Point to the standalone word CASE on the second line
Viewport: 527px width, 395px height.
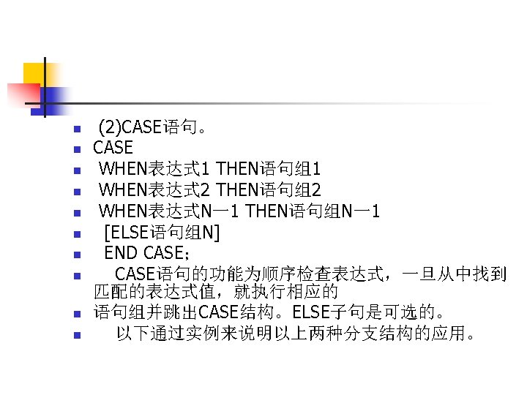[x=113, y=148]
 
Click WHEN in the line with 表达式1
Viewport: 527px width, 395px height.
[x=123, y=170]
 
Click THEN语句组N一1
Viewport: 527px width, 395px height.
[x=313, y=212]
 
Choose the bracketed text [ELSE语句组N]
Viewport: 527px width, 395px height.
[x=162, y=233]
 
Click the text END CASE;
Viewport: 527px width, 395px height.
[x=147, y=254]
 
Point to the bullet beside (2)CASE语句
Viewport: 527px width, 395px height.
[x=75, y=130]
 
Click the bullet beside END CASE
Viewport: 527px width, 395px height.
[x=75, y=256]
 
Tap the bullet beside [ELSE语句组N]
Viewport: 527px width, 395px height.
[x=75, y=235]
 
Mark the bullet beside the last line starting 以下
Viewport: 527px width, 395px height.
[x=75, y=336]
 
